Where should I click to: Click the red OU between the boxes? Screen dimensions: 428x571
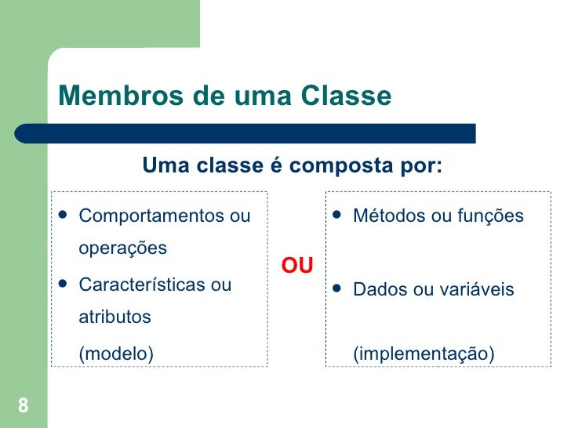point(297,267)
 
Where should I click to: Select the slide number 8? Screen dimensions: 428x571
point(23,405)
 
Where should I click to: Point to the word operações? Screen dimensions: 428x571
point(123,248)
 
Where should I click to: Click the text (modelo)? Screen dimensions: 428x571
point(117,354)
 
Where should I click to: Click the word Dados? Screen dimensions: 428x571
point(376,290)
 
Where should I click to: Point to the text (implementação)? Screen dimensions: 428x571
point(424,355)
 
